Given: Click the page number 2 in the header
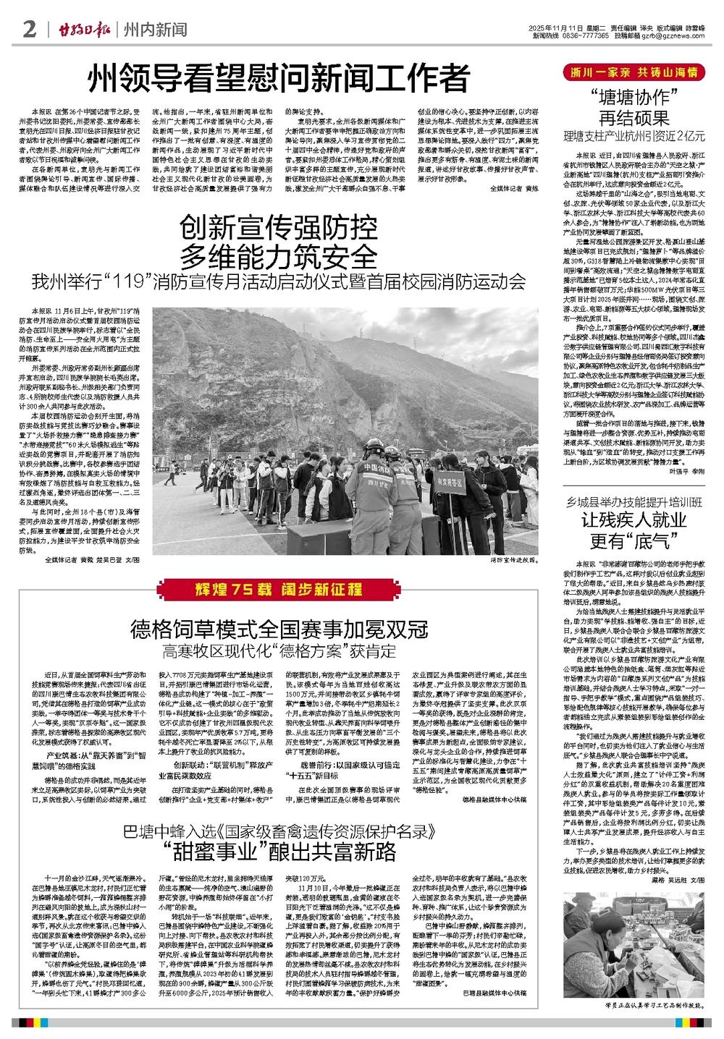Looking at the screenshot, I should (x=30, y=30).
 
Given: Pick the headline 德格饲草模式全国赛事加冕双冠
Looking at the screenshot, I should (x=278, y=627).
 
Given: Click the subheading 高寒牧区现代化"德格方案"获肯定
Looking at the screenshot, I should (x=278, y=648).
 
